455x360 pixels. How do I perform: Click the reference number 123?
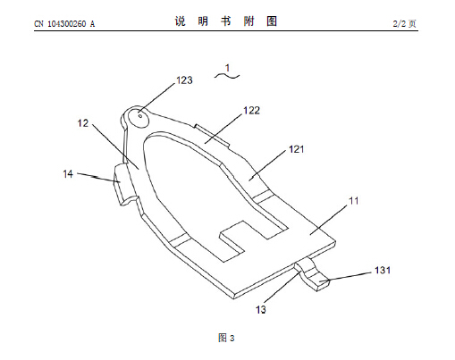click(184, 80)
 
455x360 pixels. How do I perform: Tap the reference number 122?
click(252, 111)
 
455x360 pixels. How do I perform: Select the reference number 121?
click(297, 149)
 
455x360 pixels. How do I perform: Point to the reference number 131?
click(383, 270)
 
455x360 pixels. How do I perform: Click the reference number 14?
click(68, 174)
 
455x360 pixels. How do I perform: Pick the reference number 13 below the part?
click(261, 310)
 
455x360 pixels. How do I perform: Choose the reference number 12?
click(83, 123)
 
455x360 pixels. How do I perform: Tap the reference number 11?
click(354, 201)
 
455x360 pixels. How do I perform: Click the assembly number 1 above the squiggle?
click(228, 68)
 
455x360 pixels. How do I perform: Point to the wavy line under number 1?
click(227, 76)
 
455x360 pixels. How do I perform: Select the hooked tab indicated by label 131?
click(313, 274)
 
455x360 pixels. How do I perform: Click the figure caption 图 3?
click(226, 338)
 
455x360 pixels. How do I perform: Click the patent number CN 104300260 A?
click(64, 24)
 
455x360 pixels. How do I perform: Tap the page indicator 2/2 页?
click(404, 23)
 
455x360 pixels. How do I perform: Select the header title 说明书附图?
click(226, 21)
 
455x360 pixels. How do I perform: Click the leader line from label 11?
click(329, 220)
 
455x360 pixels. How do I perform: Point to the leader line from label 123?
click(157, 98)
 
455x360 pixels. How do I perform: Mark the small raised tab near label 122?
click(212, 136)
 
